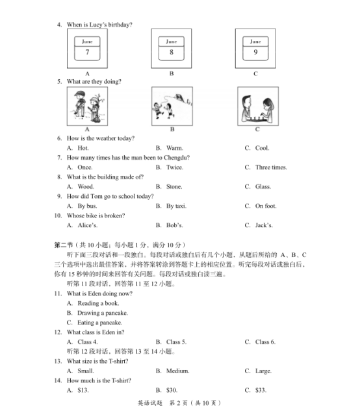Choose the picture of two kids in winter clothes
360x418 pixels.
(87, 107)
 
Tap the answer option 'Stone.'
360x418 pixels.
(174, 187)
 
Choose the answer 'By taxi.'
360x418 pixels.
(176, 206)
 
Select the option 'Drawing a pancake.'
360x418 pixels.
(99, 313)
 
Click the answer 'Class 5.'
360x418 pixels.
(176, 342)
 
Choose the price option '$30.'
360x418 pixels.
(172, 391)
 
